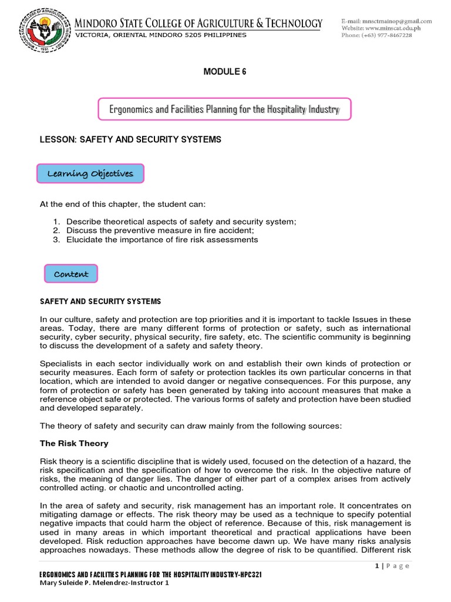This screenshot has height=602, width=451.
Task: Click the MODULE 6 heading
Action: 225,72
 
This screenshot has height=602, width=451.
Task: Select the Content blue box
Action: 71,274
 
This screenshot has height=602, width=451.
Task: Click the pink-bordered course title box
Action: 225,109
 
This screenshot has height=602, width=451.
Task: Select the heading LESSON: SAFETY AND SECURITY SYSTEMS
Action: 130,139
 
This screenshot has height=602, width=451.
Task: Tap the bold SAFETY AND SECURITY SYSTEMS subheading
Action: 100,302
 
